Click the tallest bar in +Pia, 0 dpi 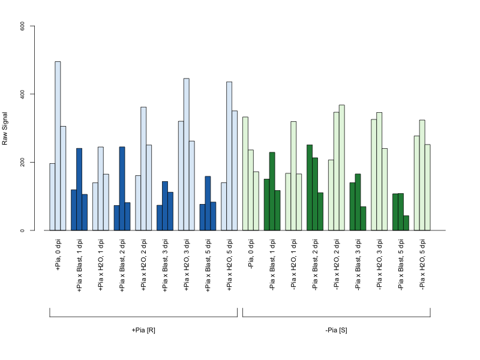[x=58, y=146]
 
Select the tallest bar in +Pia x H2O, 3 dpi [x=187, y=154]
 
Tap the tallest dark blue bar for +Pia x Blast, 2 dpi [x=122, y=188]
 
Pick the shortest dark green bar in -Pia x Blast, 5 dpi [x=406, y=223]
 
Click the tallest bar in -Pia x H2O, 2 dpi [x=342, y=167]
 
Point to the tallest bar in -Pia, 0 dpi [x=245, y=173]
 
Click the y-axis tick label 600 [x=22, y=26]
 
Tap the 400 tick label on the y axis [x=22, y=94]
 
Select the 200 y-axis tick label [x=22, y=162]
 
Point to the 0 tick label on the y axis [x=22, y=230]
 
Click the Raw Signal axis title [x=5, y=128]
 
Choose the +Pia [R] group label [x=143, y=331]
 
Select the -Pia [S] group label [x=336, y=331]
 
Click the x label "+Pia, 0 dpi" [x=58, y=254]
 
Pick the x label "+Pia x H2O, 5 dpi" [x=230, y=265]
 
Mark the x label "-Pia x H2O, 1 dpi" [x=294, y=264]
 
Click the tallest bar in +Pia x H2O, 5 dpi [x=229, y=156]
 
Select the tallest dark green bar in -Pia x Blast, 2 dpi [x=310, y=188]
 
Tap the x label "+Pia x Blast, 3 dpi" [x=166, y=265]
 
